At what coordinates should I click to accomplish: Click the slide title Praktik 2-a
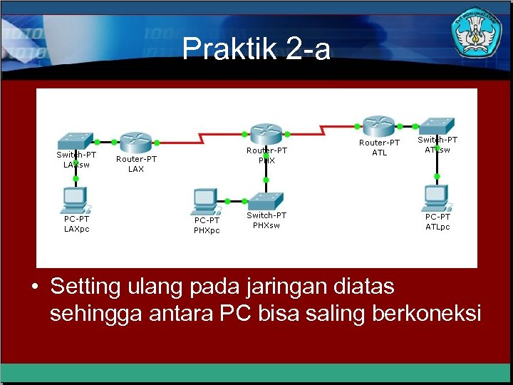coord(256,50)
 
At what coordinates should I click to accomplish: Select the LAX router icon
coord(133,141)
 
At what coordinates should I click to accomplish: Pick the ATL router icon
coord(378,125)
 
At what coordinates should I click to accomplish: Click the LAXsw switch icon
coord(76,139)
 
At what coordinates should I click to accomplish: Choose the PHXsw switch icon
coord(266,200)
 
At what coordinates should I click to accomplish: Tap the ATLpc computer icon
coord(436,197)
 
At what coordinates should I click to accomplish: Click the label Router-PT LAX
coord(135,164)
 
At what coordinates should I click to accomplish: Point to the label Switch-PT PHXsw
coord(266,220)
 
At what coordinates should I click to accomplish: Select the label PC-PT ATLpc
coord(437,222)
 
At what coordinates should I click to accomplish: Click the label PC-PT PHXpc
coord(207,225)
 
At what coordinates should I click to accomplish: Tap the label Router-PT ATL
coord(379,148)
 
